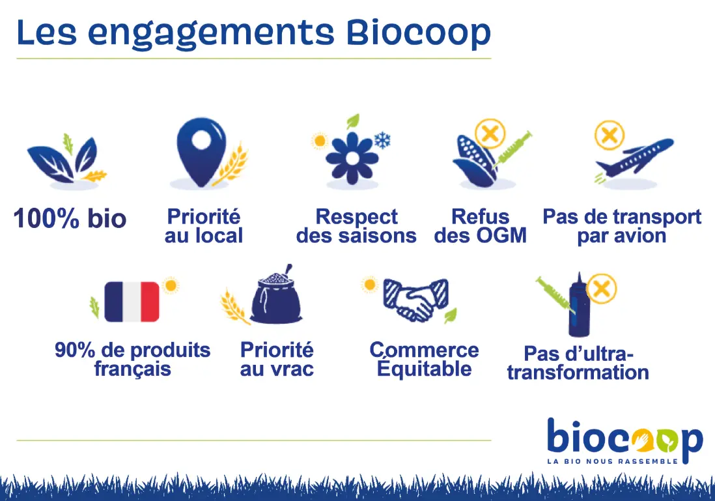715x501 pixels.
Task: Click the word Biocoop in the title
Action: point(418,33)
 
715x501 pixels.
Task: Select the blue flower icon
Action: point(352,158)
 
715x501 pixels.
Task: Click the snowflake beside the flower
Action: point(382,140)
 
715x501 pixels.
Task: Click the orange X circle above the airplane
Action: point(610,135)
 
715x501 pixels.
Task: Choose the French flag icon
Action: point(132,302)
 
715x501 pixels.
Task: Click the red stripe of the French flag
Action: point(150,302)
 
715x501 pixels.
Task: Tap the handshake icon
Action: point(415,299)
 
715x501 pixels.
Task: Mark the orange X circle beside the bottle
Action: point(602,289)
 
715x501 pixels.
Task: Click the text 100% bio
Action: point(70,218)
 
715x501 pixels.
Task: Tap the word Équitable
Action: point(424,367)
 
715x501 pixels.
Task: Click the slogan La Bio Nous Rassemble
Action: point(612,461)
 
